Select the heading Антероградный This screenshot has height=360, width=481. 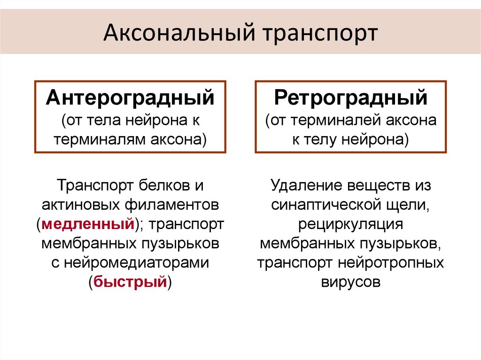pyautogui.click(x=130, y=99)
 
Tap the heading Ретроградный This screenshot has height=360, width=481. pyautogui.click(x=351, y=99)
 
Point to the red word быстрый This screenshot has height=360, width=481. pyautogui.click(x=130, y=282)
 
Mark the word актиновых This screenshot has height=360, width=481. pyautogui.click(x=81, y=205)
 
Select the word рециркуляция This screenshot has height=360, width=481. pyautogui.click(x=350, y=224)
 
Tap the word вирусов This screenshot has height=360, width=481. pyautogui.click(x=350, y=282)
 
